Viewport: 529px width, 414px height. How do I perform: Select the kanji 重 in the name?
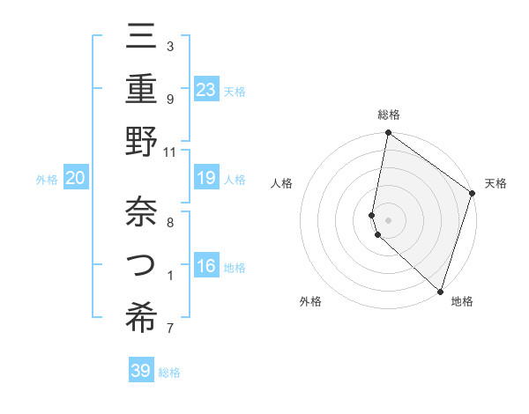142,90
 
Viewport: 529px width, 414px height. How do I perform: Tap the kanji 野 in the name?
142,142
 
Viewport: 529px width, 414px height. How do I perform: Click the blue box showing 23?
206,90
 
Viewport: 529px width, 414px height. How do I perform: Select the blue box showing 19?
206,178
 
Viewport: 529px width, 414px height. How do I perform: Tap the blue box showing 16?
206,266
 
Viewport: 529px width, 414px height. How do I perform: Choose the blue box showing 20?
75,178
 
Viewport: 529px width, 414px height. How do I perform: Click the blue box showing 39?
141,371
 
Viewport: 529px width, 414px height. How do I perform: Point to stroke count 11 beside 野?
170,152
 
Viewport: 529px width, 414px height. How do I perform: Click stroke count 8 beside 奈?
170,223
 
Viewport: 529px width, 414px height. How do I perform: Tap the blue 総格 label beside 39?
169,373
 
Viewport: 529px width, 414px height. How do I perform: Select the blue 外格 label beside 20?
47,180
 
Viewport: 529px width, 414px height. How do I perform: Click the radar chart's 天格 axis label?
495,183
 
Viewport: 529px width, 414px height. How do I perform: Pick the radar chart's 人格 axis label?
282,183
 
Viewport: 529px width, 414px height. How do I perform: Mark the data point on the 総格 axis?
388,134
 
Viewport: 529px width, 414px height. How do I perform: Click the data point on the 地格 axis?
439,291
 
